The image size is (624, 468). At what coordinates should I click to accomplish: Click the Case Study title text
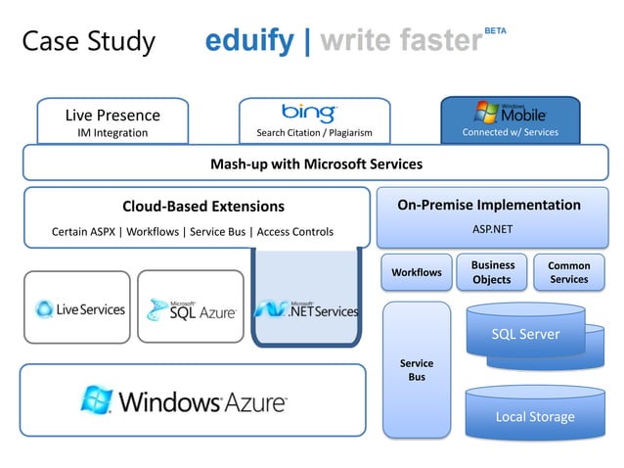click(x=88, y=41)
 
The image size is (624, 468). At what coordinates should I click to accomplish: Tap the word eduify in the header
click(x=248, y=41)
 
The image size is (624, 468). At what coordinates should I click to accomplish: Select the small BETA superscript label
click(x=495, y=31)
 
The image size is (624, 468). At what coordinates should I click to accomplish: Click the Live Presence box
click(x=112, y=121)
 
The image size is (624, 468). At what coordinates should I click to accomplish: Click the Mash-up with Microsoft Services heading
click(x=316, y=164)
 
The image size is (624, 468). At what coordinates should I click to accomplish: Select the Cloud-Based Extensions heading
click(x=202, y=207)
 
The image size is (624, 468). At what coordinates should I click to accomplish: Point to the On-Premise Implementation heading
click(x=488, y=206)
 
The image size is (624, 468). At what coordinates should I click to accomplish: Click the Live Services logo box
click(x=77, y=307)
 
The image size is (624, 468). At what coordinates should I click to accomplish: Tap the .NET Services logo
click(x=306, y=309)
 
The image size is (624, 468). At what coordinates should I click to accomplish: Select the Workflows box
click(x=417, y=271)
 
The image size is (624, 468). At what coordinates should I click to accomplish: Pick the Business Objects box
click(x=492, y=272)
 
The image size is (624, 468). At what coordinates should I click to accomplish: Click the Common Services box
click(x=568, y=272)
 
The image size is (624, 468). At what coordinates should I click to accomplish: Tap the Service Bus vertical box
click(x=417, y=370)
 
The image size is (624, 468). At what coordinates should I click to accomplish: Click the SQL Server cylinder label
click(x=525, y=335)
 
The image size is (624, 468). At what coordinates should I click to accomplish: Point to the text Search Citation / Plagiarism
click(x=314, y=133)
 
